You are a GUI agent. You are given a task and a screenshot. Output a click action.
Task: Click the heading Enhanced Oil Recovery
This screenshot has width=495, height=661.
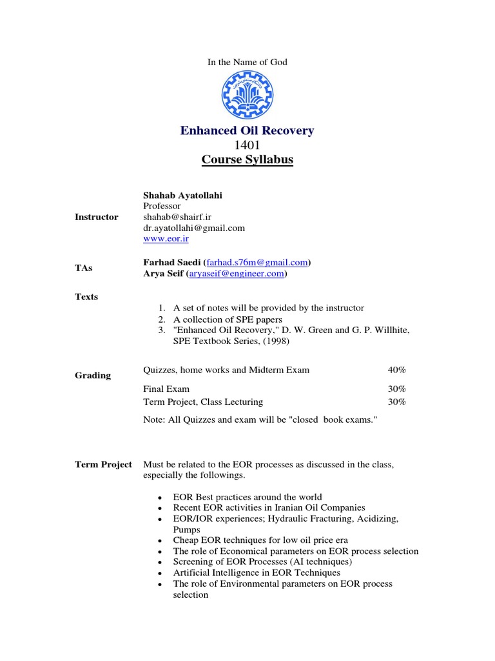click(x=247, y=131)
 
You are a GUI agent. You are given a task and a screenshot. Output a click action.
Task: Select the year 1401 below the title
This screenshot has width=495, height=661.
click(x=247, y=145)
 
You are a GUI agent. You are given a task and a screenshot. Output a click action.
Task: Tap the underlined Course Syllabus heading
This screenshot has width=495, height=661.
click(x=247, y=159)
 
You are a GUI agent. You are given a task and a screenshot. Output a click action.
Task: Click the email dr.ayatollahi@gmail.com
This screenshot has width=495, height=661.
click(x=193, y=228)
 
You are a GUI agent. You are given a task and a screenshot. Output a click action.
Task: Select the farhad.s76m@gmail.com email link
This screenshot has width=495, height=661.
click(x=257, y=263)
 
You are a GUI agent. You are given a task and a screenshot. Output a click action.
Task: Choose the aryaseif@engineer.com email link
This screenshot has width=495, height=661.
click(x=237, y=274)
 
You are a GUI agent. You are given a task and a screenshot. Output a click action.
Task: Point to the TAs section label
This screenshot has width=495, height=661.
click(x=85, y=267)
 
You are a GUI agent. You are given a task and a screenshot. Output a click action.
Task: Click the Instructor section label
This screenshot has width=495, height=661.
click(x=97, y=217)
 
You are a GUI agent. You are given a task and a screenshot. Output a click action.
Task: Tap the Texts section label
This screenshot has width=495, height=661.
click(x=87, y=297)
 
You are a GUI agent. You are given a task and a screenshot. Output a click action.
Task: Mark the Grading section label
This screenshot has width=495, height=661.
click(x=93, y=375)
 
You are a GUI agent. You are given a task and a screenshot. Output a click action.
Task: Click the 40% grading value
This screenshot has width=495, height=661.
click(x=397, y=370)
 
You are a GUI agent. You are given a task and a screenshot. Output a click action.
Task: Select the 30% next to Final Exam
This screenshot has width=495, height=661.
click(x=397, y=389)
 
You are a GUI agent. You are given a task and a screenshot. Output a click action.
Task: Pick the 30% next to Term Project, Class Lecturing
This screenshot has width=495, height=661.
click(x=397, y=402)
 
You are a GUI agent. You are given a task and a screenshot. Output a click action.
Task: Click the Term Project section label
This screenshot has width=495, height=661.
click(x=103, y=464)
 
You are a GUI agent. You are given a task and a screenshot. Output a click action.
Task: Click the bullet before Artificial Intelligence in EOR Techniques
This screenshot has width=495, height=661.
click(x=159, y=573)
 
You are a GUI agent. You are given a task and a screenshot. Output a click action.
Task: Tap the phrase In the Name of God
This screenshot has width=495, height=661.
click(x=247, y=62)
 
